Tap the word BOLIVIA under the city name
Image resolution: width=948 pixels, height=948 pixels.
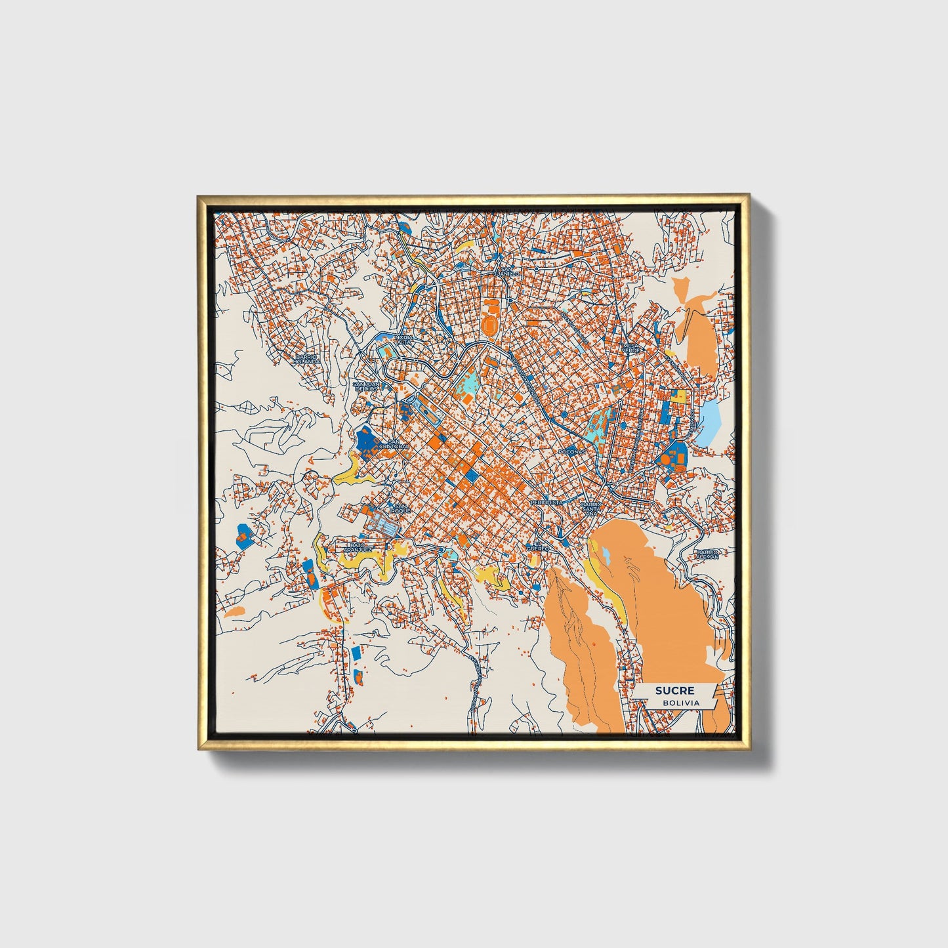point(680,703)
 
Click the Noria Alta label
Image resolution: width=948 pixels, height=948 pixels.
point(404,339)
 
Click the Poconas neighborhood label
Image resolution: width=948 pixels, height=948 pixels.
point(569,452)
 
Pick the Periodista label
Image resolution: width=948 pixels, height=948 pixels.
point(546,502)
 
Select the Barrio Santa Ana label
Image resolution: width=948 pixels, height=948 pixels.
point(590,509)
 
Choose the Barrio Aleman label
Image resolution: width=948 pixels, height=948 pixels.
point(708,554)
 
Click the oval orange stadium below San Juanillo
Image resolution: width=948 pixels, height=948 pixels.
point(489,323)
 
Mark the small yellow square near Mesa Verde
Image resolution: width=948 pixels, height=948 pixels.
point(680,396)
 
